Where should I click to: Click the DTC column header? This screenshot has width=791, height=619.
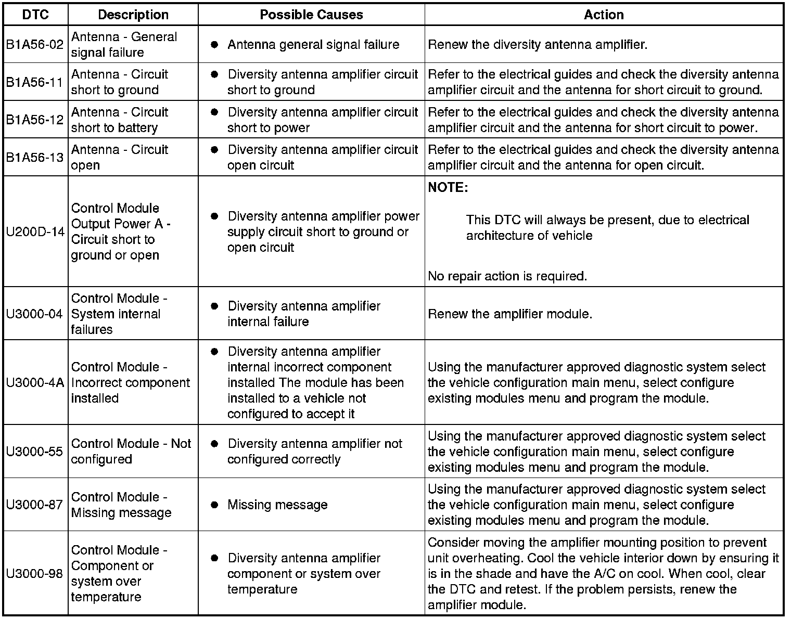click(x=35, y=15)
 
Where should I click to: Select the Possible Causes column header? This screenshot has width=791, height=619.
click(x=311, y=15)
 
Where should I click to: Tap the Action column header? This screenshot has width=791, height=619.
click(x=604, y=15)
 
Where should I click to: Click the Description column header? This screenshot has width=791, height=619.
click(x=133, y=15)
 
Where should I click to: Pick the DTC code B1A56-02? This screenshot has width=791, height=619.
click(x=35, y=45)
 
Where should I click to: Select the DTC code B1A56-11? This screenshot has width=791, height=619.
click(x=35, y=82)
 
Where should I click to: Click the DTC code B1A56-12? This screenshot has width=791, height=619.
click(x=35, y=120)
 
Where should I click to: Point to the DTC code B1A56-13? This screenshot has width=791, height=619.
click(x=35, y=157)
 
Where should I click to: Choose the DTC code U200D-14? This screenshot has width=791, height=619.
click(x=35, y=231)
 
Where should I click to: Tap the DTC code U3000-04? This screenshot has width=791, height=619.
click(x=35, y=314)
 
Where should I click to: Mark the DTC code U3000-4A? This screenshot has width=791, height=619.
click(x=35, y=382)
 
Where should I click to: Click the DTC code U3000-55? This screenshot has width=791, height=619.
click(x=35, y=452)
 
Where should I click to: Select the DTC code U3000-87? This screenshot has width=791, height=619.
click(x=35, y=505)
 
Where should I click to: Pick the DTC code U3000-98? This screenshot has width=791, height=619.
click(x=35, y=573)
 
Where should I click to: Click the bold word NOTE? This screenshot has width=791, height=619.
click(x=448, y=188)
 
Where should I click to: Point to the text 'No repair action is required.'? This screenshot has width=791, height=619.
click(x=507, y=276)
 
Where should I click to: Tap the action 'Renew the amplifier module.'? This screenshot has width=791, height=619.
click(x=510, y=314)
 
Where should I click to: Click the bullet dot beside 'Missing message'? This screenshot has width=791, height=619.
click(x=214, y=505)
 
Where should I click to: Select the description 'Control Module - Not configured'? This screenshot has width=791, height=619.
click(x=131, y=452)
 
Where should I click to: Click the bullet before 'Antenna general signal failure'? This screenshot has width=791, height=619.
click(x=214, y=45)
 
